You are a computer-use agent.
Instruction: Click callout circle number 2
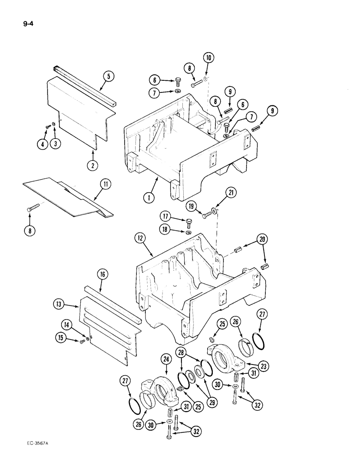coord(93,164)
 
